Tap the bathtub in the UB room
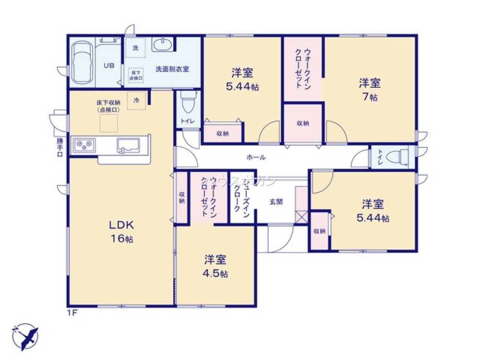pyautogui.click(x=83, y=63)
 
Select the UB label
pyautogui.click(x=109, y=65)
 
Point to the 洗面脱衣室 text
pyautogui.click(x=172, y=69)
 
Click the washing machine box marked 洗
pyautogui.click(x=135, y=48)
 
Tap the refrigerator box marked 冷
pyautogui.click(x=136, y=100)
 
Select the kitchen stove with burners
pyautogui.click(x=85, y=144)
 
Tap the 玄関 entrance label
pyautogui.click(x=276, y=202)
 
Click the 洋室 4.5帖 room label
pyautogui.click(x=215, y=266)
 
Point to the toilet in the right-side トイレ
pyautogui.click(x=397, y=156)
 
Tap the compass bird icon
pyautogui.click(x=24, y=336)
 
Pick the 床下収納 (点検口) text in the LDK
pyautogui.click(x=108, y=106)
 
